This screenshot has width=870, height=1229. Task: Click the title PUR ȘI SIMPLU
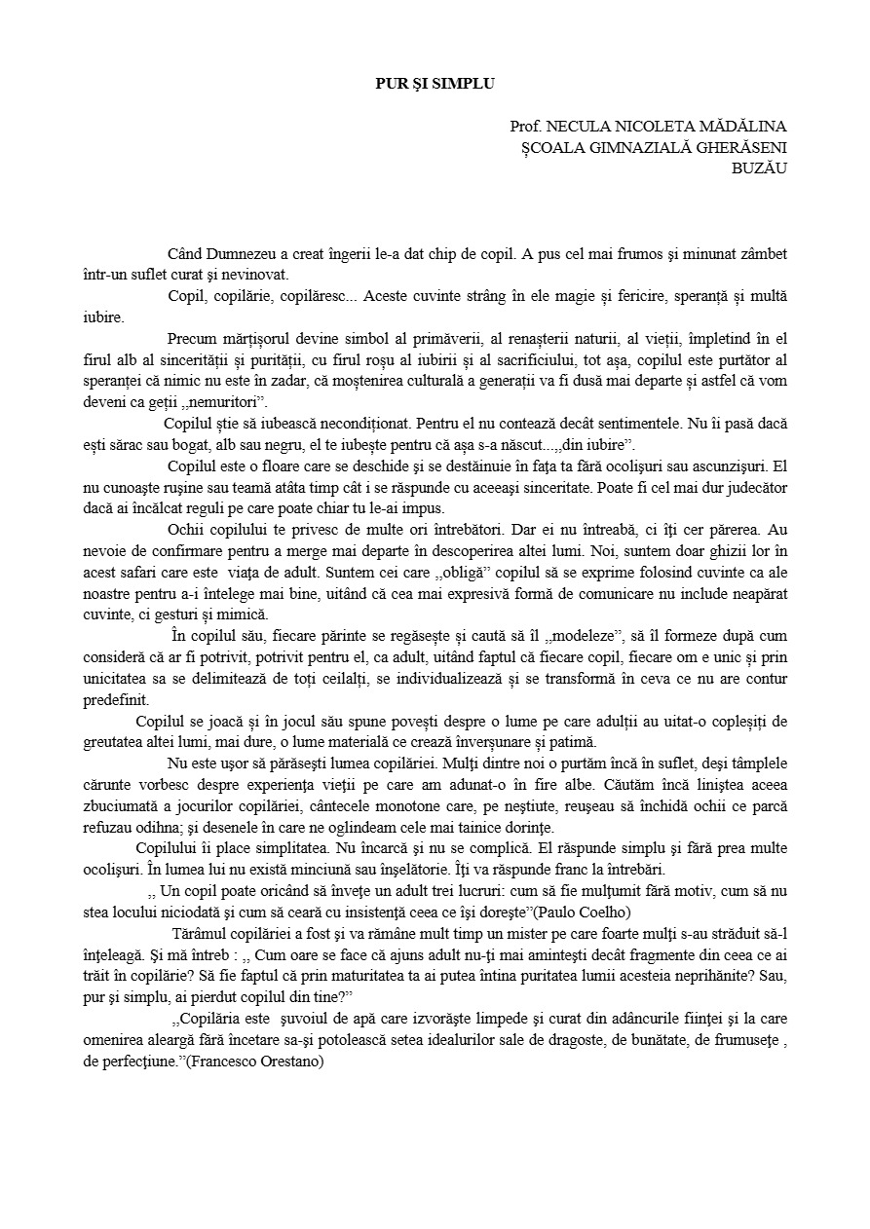pos(435,84)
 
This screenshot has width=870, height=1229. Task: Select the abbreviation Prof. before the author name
pos(526,127)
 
